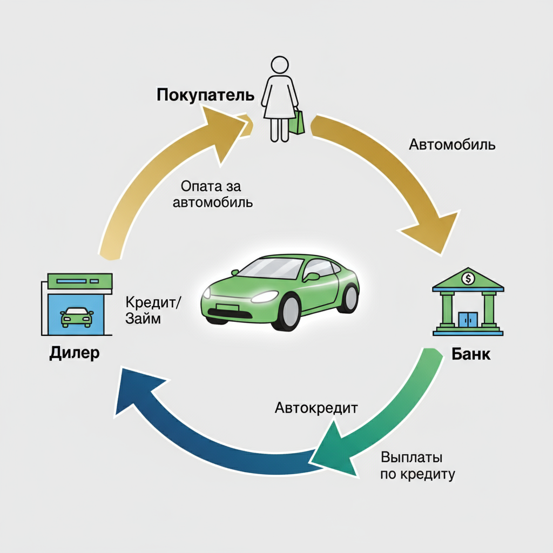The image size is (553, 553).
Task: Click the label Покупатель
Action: (x=205, y=95)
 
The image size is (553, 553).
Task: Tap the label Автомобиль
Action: (x=452, y=145)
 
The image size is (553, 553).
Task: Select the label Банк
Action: (x=471, y=354)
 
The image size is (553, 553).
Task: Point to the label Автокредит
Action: (x=316, y=407)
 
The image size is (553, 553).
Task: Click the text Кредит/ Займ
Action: (x=153, y=309)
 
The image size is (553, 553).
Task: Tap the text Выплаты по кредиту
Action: (x=417, y=466)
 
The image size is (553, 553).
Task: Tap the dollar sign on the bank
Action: (x=467, y=278)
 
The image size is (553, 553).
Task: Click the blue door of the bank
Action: (x=467, y=319)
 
